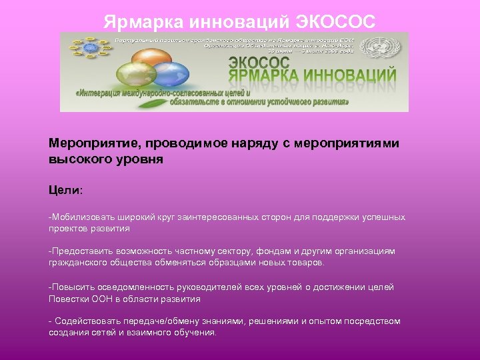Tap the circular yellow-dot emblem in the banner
[87, 53]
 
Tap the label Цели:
[65, 190]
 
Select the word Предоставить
[82, 251]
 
